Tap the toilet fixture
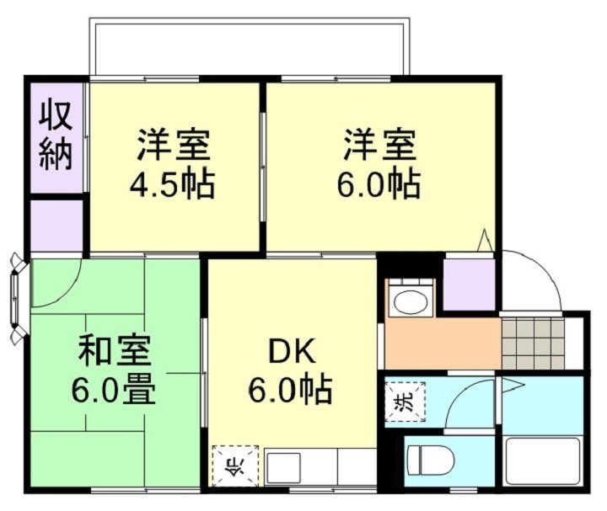(x=431, y=460)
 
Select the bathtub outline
(x=542, y=460)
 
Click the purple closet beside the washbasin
(x=469, y=284)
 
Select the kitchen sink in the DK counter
(x=284, y=466)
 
